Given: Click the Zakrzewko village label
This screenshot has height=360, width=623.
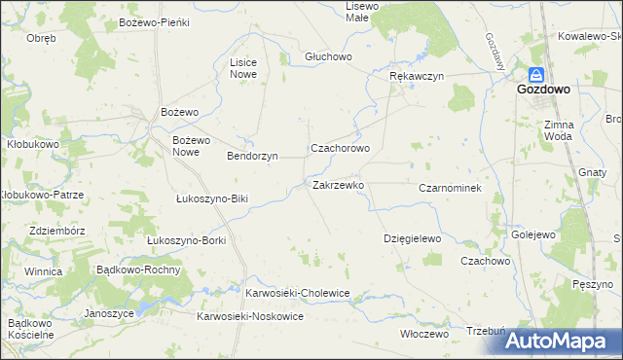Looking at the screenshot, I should pyautogui.click(x=338, y=184).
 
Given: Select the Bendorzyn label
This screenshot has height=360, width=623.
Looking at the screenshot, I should pyautogui.click(x=252, y=156).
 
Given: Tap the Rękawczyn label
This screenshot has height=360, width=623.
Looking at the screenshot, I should pyautogui.click(x=416, y=76).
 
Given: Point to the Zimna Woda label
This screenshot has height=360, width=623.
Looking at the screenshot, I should pyautogui.click(x=559, y=130).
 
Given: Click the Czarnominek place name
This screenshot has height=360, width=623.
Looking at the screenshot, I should pyautogui.click(x=450, y=187).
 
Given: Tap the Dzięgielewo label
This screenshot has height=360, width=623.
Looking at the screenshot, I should pyautogui.click(x=413, y=238).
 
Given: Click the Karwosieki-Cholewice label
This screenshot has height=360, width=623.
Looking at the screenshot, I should pyautogui.click(x=297, y=292).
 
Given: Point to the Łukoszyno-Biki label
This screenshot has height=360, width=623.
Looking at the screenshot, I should pyautogui.click(x=213, y=198).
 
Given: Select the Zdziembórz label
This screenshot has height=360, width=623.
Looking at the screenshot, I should pyautogui.click(x=56, y=231).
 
